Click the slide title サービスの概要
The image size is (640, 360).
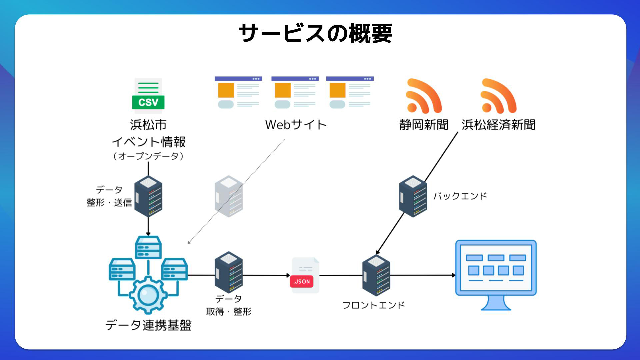[x=315, y=33]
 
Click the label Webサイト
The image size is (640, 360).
[x=296, y=125]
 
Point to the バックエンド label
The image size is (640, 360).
[x=460, y=196]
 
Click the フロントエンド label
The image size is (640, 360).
[x=373, y=305]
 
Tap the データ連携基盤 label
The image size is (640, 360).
[x=148, y=325]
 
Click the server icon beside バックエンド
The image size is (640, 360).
[x=413, y=196]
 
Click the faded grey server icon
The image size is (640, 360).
[x=229, y=196]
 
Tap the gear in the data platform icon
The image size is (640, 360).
[x=148, y=295]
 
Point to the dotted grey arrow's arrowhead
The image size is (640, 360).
[x=189, y=242]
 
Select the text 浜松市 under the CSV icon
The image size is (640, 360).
[x=148, y=125]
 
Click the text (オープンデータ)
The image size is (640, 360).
[x=148, y=156]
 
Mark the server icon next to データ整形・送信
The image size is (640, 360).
[x=148, y=196]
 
